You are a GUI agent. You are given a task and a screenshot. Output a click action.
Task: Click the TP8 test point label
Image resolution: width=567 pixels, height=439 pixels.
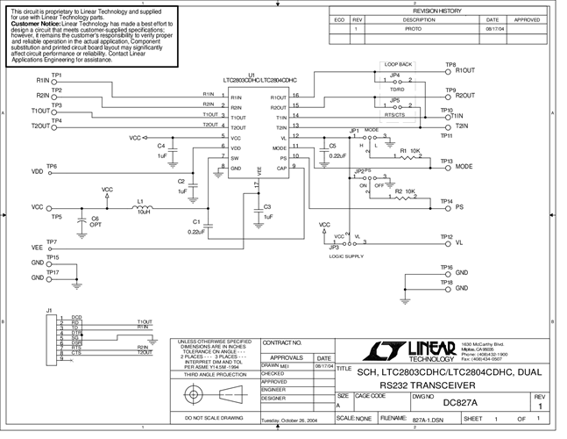(450, 65)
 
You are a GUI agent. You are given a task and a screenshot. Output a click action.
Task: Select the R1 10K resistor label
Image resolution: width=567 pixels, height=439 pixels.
(409, 152)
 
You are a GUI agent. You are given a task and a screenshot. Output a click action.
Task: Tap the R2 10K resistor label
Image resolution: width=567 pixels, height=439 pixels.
(404, 191)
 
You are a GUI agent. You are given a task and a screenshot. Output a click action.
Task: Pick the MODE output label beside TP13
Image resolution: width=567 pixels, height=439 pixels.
(464, 166)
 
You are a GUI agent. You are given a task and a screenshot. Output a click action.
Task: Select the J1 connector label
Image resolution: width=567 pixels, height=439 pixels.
(49, 311)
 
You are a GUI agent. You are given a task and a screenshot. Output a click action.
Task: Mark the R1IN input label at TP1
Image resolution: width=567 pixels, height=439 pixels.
(42, 81)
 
